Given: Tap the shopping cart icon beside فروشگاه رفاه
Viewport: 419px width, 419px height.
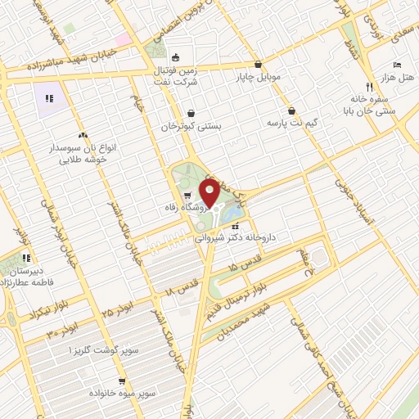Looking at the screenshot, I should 188,195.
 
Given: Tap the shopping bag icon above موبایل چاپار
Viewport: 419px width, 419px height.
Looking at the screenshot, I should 259,63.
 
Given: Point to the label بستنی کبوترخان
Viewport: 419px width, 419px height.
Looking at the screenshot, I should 191,127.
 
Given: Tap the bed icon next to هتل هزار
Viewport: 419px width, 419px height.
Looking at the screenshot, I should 397,64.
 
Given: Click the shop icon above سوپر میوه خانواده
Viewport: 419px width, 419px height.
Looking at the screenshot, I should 122,381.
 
